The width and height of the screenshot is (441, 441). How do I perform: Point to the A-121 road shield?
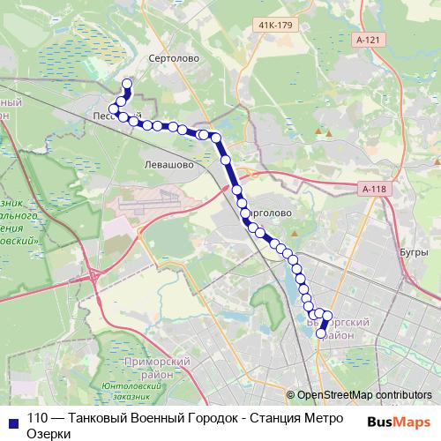tap(370, 41)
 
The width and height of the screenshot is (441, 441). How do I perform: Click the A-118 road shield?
tap(374, 189)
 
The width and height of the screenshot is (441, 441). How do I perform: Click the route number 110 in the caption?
tap(39, 420)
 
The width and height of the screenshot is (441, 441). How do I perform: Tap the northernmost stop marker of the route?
tap(126, 85)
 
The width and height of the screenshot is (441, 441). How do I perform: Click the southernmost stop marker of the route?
tap(321, 333)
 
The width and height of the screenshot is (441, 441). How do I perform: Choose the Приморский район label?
tap(159, 368)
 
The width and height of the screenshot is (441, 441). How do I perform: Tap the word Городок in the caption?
tap(199, 420)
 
